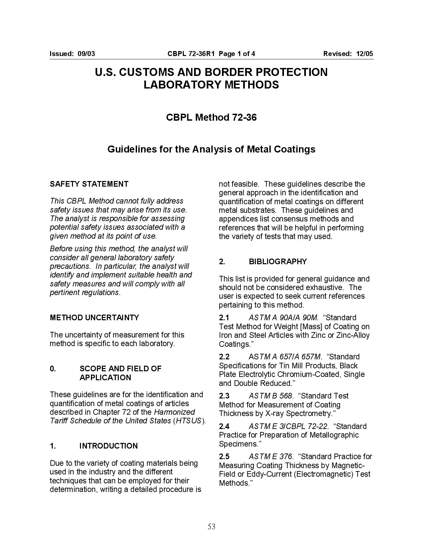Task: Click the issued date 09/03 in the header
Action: [x=86, y=54]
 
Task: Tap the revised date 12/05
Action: [x=365, y=54]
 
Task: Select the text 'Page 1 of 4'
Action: [x=237, y=54]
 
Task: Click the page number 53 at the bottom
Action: [x=211, y=526]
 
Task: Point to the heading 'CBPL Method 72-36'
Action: [x=211, y=117]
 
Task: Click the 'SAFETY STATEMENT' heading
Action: [x=89, y=184]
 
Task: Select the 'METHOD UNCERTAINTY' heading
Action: [x=94, y=318]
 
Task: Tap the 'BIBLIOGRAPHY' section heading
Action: [x=278, y=262]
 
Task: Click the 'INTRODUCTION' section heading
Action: [x=108, y=446]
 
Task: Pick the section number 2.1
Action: [x=224, y=318]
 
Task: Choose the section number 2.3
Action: [x=224, y=396]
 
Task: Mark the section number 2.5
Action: [x=224, y=456]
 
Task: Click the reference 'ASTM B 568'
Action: [x=270, y=396]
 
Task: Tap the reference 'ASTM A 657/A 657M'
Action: [x=285, y=357]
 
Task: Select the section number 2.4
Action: [x=224, y=426]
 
